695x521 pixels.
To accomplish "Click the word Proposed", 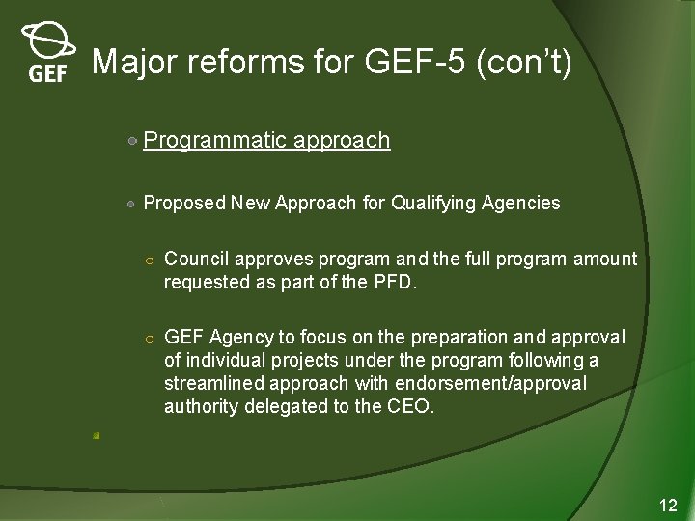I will click(184, 203).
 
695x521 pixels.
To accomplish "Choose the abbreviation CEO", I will click(412, 406).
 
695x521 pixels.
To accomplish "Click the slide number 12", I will click(668, 505).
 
